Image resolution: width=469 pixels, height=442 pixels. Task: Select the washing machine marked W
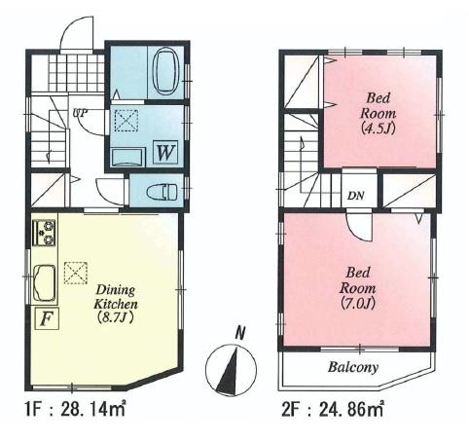pos(163,153)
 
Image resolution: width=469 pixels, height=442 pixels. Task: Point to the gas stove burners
pos(45,233)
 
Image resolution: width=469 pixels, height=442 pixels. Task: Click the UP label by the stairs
pos(82,112)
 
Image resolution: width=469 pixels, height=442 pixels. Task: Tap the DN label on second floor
pos(356,194)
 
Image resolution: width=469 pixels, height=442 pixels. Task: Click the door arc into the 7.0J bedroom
pos(358,228)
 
